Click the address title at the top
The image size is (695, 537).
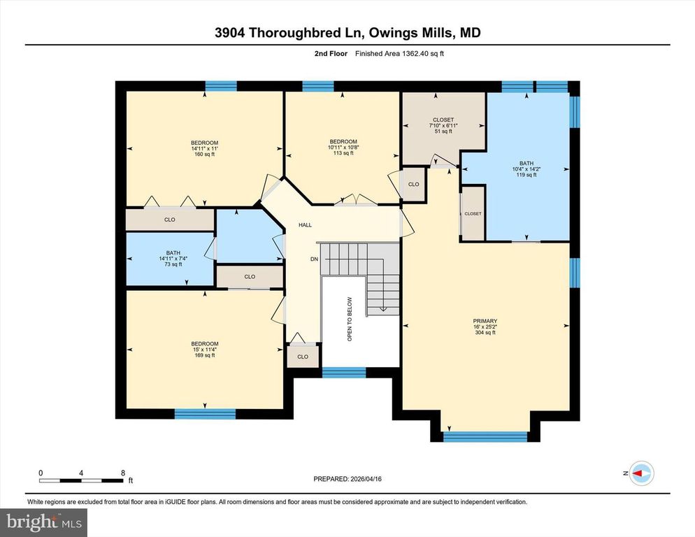point(347,33)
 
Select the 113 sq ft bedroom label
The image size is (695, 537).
point(343,147)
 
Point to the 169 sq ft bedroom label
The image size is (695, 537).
point(205,349)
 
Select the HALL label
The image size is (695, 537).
point(305,225)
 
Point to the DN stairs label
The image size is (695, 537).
point(315,259)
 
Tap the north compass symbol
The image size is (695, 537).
point(640,473)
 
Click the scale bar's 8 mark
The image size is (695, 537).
point(123,473)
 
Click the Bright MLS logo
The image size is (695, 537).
point(43,521)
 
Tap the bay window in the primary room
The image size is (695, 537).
point(485,436)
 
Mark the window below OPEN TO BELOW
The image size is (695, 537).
point(344,372)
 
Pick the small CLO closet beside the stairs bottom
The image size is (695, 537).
point(302,357)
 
